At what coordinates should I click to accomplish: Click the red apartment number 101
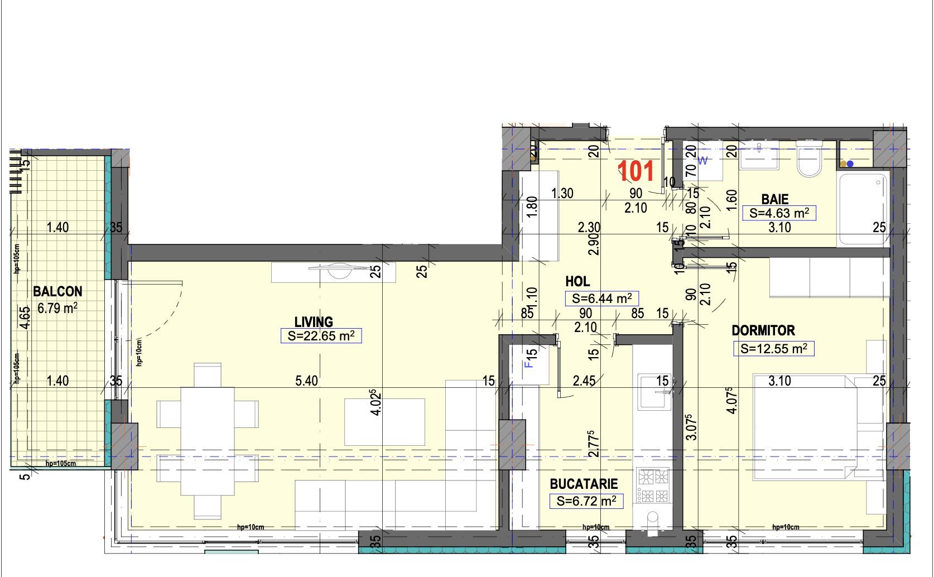point(637,171)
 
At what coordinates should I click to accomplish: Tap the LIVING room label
point(314,322)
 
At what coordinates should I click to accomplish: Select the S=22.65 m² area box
point(321,336)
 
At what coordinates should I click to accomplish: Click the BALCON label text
point(57,291)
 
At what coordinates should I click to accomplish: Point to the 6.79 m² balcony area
point(57,307)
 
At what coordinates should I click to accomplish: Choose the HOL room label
point(577,282)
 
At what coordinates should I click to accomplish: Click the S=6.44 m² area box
point(601,299)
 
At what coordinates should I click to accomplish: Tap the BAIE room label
point(775,199)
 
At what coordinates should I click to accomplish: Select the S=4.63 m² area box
point(779,213)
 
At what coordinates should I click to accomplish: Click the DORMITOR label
point(763,330)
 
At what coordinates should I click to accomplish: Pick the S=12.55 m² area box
point(773,349)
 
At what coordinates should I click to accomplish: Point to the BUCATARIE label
point(584,484)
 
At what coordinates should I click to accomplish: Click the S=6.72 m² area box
point(586,501)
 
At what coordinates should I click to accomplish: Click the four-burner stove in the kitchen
point(654,486)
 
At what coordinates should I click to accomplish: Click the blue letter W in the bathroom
point(703,161)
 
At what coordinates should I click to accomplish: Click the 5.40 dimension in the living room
point(306,381)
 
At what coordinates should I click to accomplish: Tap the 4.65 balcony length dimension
point(25,318)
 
